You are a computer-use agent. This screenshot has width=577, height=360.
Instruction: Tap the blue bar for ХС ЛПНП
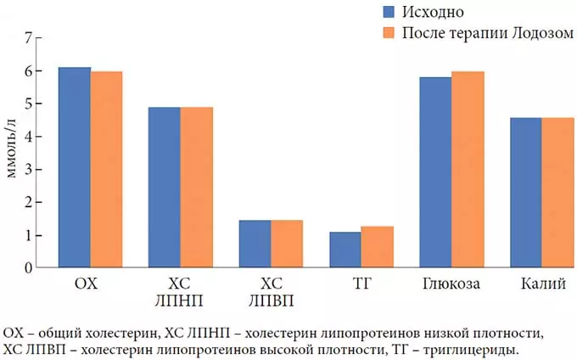coord(165,188)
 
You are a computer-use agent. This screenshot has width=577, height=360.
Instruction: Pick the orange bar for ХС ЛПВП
coord(287,244)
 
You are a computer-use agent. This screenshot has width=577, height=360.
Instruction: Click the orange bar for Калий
coord(557,193)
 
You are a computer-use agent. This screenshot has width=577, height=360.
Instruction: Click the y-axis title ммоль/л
coord(11,151)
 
